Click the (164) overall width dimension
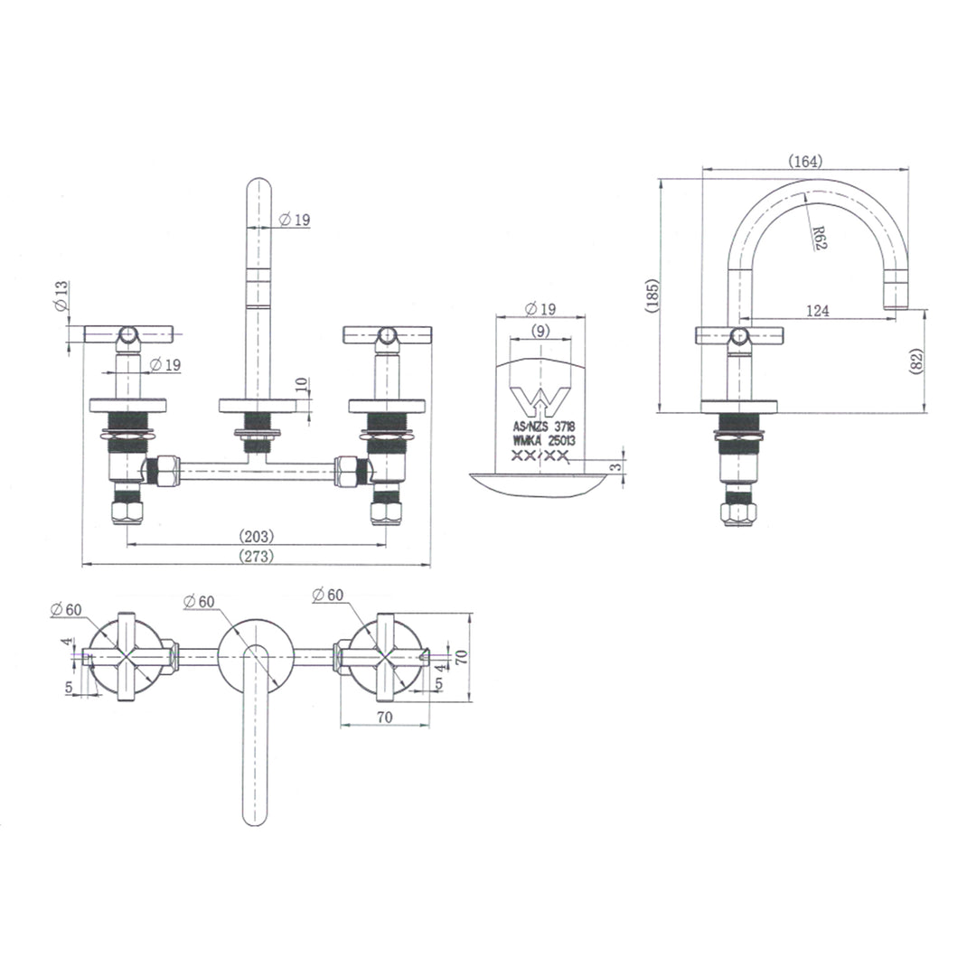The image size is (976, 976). tap(804, 161)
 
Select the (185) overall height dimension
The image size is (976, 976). tap(653, 296)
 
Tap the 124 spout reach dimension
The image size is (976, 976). tap(816, 311)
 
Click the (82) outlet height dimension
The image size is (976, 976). tap(916, 361)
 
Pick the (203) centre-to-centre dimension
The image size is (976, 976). tap(256, 536)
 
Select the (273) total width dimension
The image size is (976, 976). tap(256, 557)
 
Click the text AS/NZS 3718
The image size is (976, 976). tap(543, 426)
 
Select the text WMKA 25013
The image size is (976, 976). tap(544, 441)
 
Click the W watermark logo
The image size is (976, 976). tap(540, 400)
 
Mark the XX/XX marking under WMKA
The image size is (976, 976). tap(540, 457)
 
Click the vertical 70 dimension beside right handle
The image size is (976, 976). tap(461, 656)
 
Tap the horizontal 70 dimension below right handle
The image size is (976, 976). tap(384, 718)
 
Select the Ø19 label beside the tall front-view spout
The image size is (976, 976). tap(295, 220)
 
